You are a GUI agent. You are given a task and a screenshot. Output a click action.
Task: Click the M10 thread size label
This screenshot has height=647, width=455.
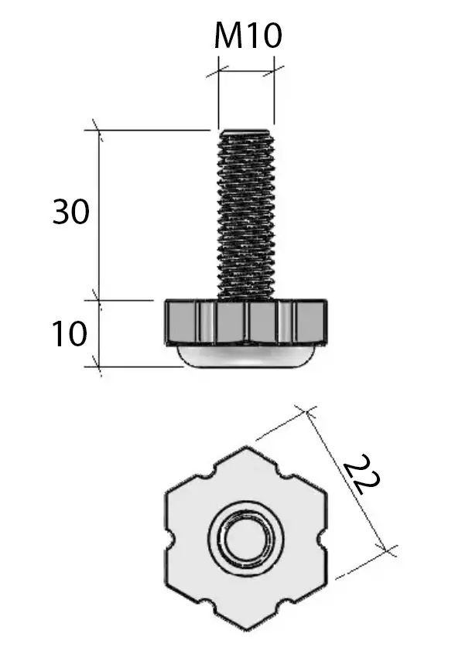pos(248,35)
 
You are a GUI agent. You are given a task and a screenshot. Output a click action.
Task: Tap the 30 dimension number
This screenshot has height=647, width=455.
pos(70,212)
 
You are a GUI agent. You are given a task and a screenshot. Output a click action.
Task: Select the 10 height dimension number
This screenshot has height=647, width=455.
pos(70,333)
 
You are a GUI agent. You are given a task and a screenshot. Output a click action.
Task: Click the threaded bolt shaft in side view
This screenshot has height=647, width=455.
pos(246,214)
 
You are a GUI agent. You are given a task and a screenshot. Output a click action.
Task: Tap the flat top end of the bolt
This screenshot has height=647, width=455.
pos(246,131)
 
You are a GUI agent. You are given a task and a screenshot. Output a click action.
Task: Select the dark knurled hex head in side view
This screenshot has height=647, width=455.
pos(246,322)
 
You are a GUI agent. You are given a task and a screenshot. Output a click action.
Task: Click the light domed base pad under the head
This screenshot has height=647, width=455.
pos(246,356)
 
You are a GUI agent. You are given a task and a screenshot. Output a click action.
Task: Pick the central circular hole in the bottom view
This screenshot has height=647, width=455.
pos(246,539)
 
